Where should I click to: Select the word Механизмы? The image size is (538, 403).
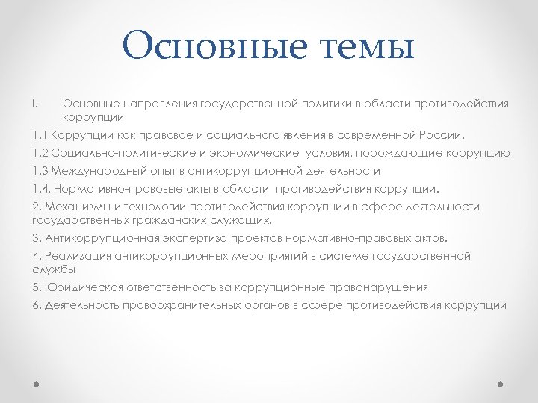(74, 207)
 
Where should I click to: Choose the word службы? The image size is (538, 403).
(53, 269)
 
